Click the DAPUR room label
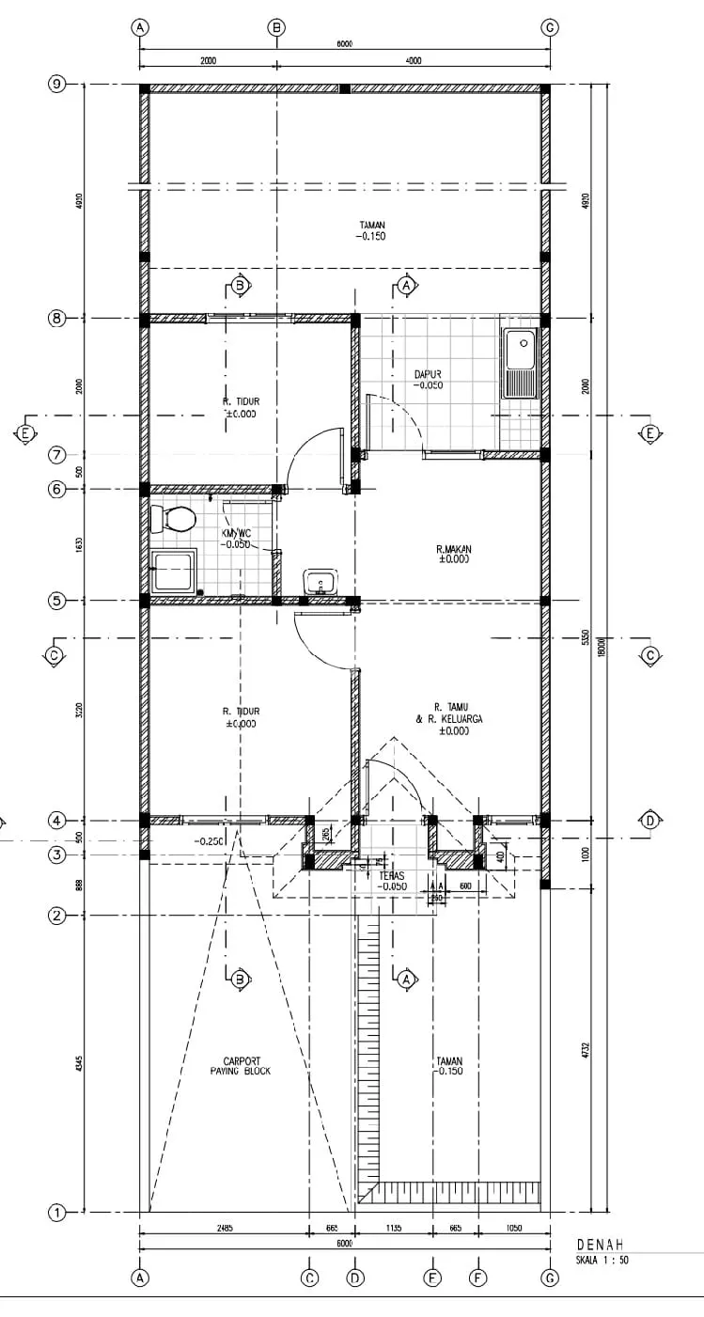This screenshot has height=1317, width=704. [428, 374]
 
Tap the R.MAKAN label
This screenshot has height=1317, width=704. [453, 549]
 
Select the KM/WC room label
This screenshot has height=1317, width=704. [235, 532]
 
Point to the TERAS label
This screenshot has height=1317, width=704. [392, 875]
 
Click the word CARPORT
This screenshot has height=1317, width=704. [242, 1061]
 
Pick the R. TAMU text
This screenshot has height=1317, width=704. [453, 707]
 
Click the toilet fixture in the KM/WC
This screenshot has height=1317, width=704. [175, 518]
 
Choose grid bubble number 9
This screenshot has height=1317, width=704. [56, 85]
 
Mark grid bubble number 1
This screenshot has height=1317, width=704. [56, 1213]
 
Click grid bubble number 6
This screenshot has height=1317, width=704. [56, 489]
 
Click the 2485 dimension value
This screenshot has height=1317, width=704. [223, 1229]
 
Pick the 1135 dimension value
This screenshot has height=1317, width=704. [393, 1229]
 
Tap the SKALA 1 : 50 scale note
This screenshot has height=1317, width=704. [602, 1260]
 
